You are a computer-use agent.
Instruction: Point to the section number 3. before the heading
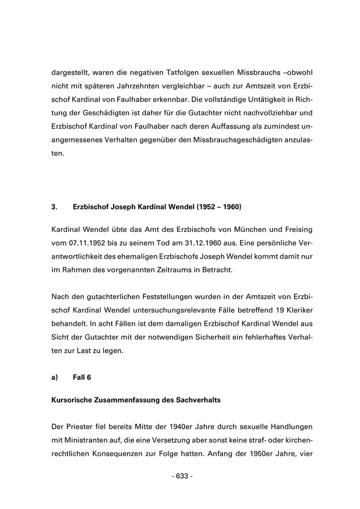(54, 207)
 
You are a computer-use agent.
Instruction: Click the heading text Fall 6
(82, 377)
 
